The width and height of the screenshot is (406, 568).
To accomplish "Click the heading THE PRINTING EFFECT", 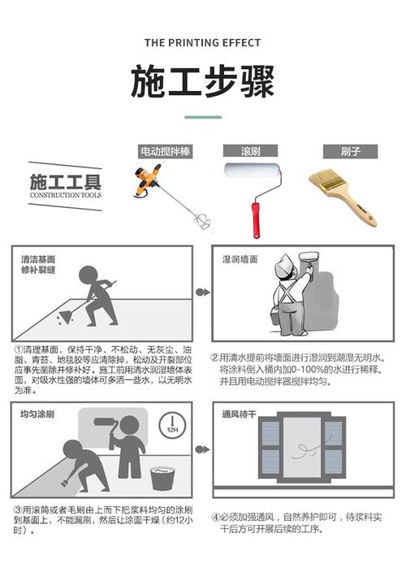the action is [x=202, y=43].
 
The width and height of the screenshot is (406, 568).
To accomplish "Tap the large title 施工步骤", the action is [x=203, y=81].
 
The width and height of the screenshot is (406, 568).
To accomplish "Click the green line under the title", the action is [x=203, y=117].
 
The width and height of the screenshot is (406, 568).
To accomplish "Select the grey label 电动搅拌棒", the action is [x=166, y=151].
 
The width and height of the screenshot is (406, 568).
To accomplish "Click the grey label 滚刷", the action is [x=250, y=150].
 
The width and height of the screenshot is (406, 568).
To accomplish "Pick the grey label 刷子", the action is [x=350, y=151].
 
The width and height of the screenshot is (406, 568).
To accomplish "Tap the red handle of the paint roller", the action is [x=256, y=220].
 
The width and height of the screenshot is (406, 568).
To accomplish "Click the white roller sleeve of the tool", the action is [x=253, y=171].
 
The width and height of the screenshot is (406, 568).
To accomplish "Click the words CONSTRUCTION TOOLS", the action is [x=66, y=195].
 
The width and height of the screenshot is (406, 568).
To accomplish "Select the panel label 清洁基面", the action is [x=38, y=259].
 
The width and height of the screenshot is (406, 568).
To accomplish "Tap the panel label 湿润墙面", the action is [x=240, y=259].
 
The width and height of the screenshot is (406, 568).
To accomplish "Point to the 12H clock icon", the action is [x=172, y=425].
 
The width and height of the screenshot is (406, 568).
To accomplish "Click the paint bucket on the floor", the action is [x=162, y=478].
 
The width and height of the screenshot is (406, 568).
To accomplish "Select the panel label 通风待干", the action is [x=240, y=414].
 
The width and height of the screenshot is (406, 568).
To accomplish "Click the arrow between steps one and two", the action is [x=203, y=292].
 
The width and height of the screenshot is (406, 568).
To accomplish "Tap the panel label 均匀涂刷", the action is [x=37, y=414].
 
